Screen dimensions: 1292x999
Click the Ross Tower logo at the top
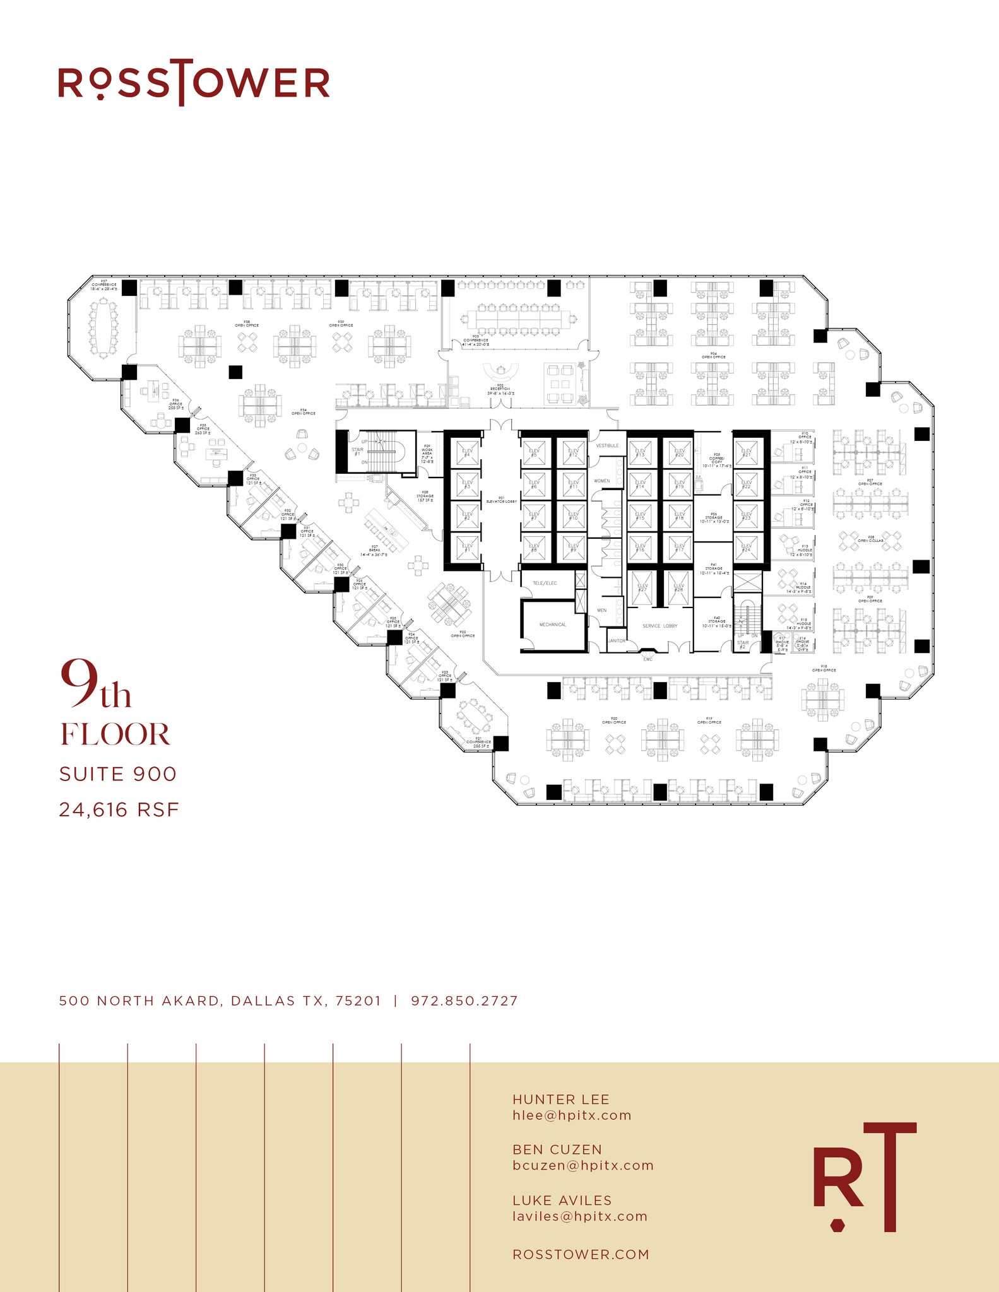point(194,83)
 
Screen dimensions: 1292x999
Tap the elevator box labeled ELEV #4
point(467,452)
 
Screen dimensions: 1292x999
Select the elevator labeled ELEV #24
point(747,546)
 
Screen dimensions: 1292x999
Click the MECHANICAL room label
point(552,625)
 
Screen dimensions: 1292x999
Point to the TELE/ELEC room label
point(545,583)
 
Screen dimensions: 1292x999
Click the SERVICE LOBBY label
point(659,626)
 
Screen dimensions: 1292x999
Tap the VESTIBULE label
point(607,445)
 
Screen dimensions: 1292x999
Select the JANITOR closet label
point(617,640)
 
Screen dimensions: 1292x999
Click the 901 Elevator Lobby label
point(501,500)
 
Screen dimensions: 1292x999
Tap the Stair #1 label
point(357,451)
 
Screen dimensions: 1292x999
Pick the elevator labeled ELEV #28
point(678,587)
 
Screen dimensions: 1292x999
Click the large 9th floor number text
point(96,685)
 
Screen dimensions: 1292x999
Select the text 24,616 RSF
point(119,809)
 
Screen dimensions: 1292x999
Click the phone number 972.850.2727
point(464,1001)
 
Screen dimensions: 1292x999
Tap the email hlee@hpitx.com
point(572,1115)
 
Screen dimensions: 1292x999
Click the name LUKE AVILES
point(562,1200)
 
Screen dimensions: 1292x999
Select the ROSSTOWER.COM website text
point(581,1254)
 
